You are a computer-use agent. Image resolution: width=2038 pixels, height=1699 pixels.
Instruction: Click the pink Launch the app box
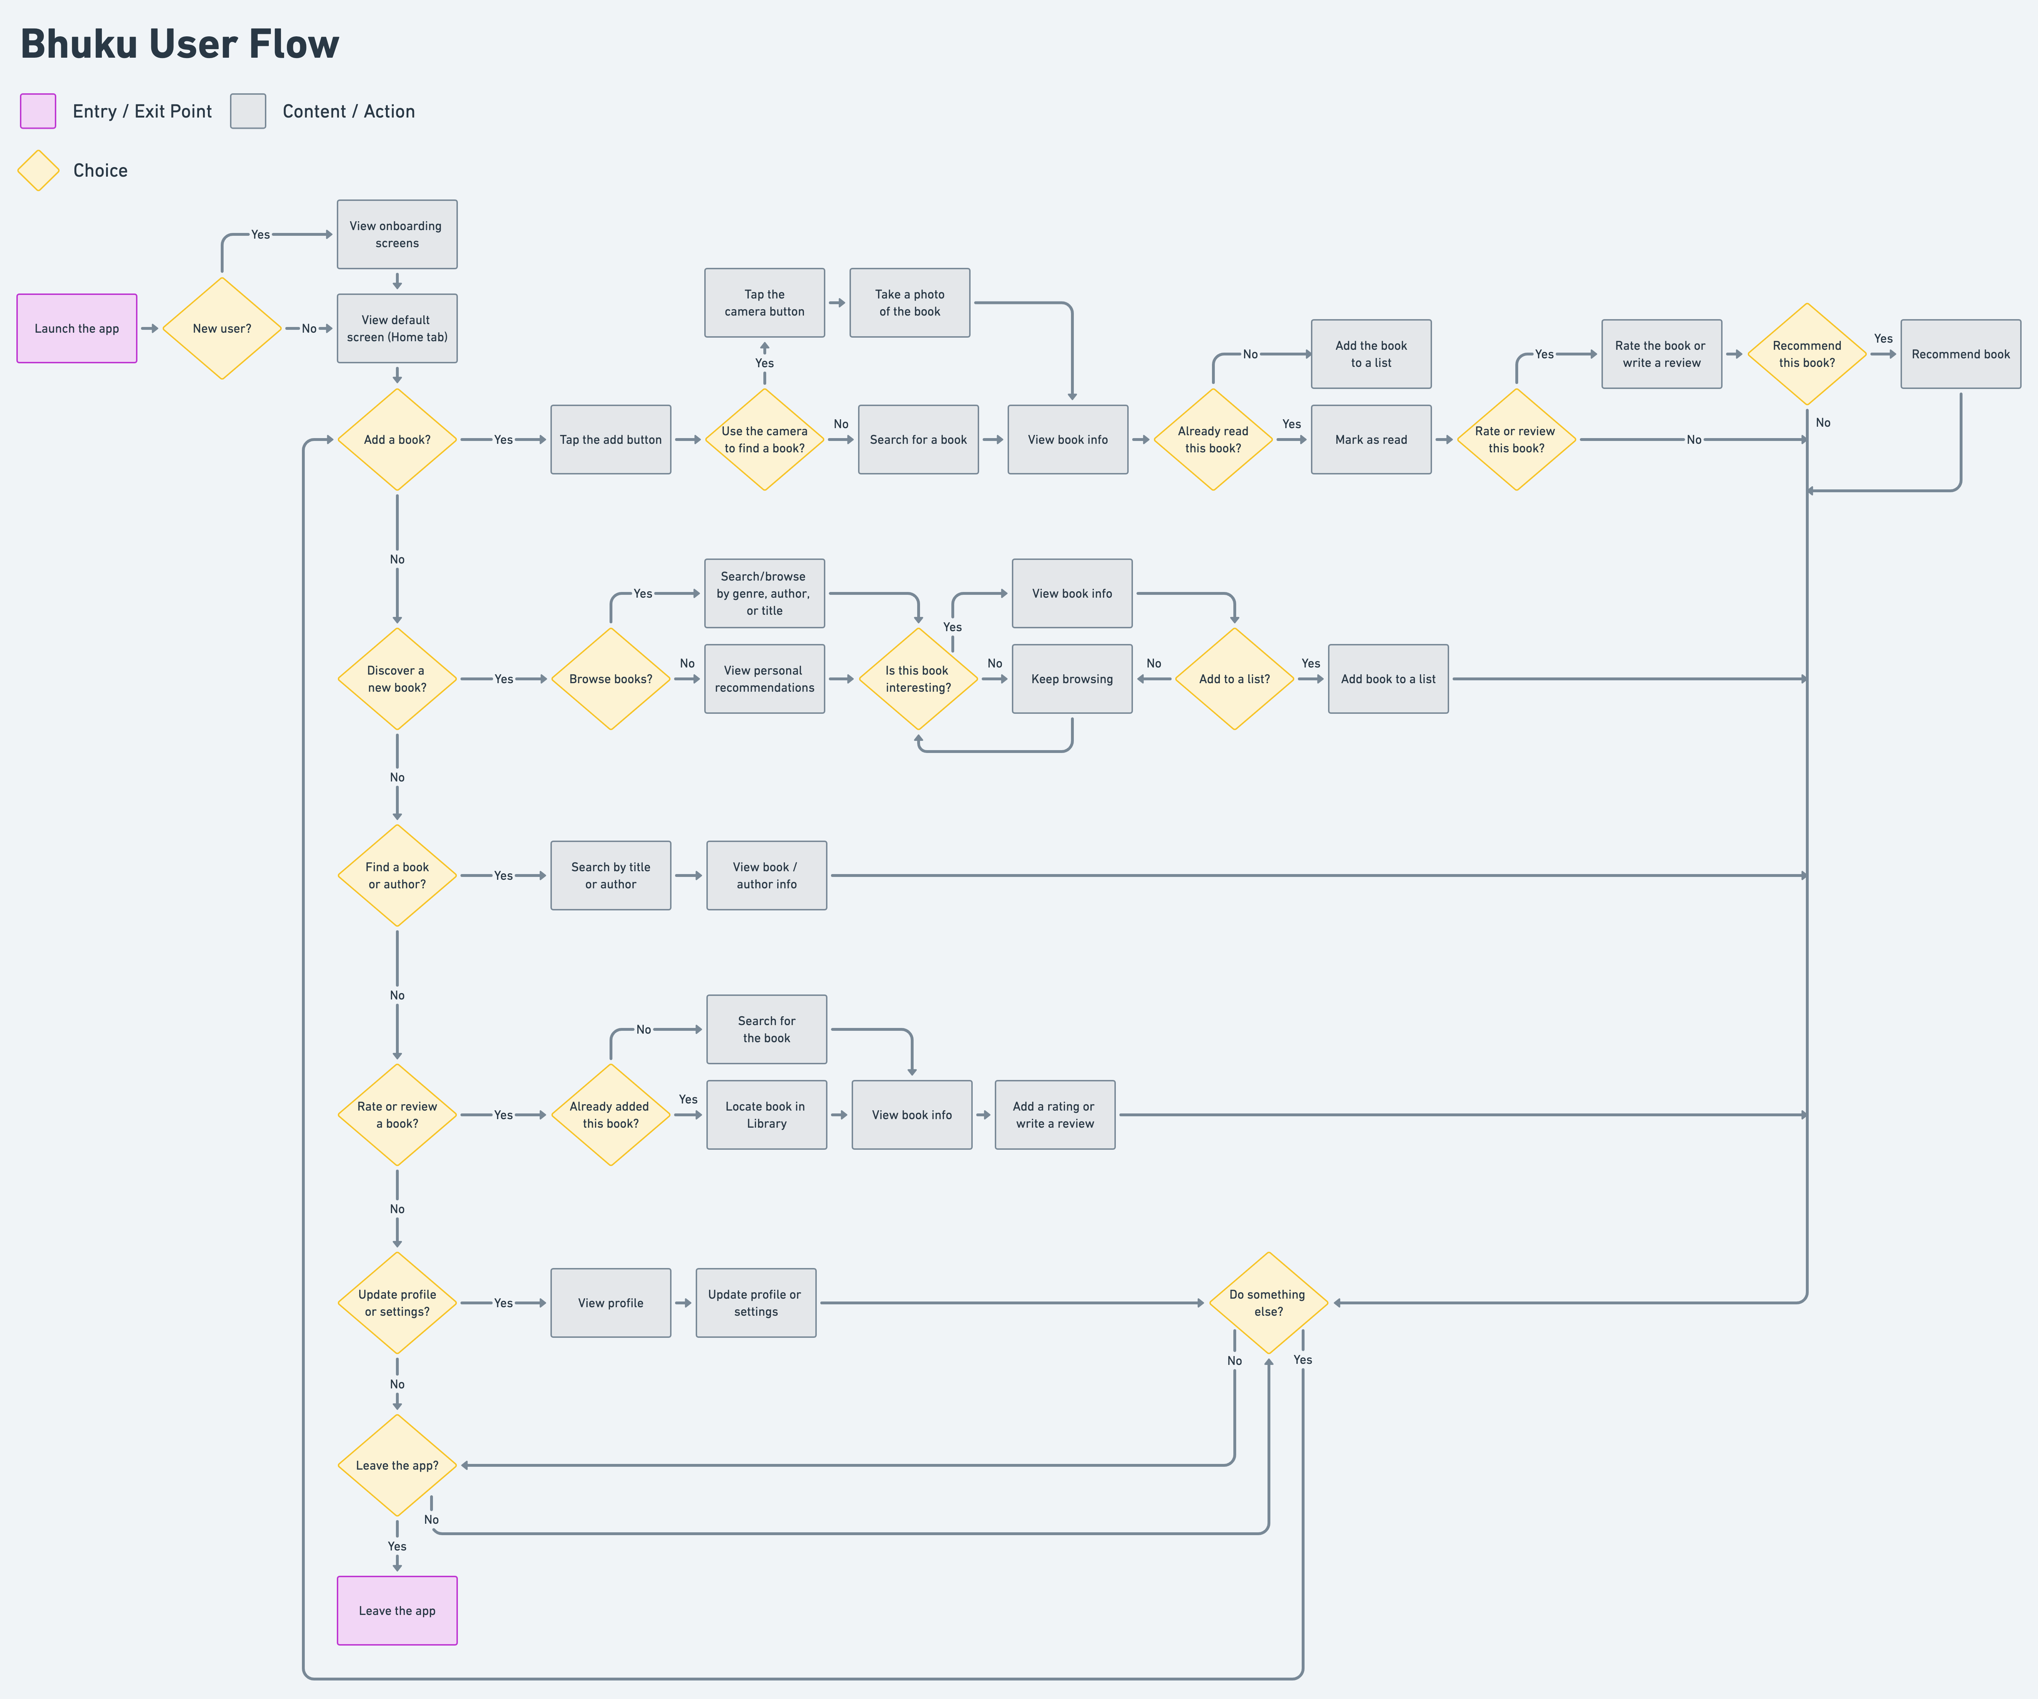coord(77,328)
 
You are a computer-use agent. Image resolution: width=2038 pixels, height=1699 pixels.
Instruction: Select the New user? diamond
coord(222,328)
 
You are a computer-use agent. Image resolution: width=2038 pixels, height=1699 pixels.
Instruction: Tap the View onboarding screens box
coord(397,234)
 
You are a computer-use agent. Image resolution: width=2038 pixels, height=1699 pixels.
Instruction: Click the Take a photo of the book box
coord(909,303)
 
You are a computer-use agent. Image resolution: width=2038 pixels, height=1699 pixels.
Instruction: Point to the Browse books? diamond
coord(610,679)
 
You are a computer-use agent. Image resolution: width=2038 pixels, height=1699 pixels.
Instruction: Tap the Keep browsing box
coord(1071,679)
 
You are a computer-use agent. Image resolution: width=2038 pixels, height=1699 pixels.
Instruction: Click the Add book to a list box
coord(1388,679)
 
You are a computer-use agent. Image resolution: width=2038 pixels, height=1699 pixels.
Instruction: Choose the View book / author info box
coord(767,876)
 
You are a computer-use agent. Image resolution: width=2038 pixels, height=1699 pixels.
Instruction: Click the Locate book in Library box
coord(767,1115)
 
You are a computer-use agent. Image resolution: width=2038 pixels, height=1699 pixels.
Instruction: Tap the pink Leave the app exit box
coord(397,1611)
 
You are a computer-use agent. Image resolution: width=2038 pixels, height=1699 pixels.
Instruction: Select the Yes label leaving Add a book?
coord(503,440)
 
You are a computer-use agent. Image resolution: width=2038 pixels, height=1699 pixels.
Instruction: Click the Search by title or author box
coord(610,876)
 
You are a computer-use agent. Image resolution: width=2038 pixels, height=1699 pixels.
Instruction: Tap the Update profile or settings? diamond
coord(397,1303)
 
